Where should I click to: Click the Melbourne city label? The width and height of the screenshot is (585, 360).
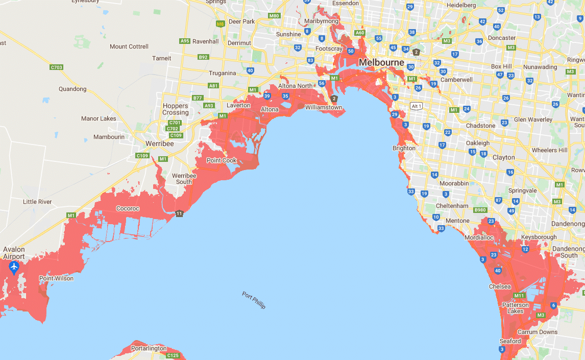381,62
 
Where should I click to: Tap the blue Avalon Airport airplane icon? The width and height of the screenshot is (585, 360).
14,267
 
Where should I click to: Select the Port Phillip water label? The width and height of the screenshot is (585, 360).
254,300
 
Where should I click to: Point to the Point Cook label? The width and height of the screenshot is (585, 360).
222,160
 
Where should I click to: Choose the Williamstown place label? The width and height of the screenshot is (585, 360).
324,108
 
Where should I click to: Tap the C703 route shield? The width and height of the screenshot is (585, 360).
57,67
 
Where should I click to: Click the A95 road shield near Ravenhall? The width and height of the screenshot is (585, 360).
185,41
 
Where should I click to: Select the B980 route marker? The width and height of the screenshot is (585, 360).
480,210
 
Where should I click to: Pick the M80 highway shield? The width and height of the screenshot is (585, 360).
274,16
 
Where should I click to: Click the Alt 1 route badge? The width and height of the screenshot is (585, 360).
416,106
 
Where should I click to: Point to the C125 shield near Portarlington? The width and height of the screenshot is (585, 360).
173,355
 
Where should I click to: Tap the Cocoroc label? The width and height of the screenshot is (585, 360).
128,208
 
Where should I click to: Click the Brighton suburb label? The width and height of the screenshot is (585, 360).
404,148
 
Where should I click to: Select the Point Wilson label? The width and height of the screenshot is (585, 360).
56,278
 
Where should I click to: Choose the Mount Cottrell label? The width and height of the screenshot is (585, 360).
129,46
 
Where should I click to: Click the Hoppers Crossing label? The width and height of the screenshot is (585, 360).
176,109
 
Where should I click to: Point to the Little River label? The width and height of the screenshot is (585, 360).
37,202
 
